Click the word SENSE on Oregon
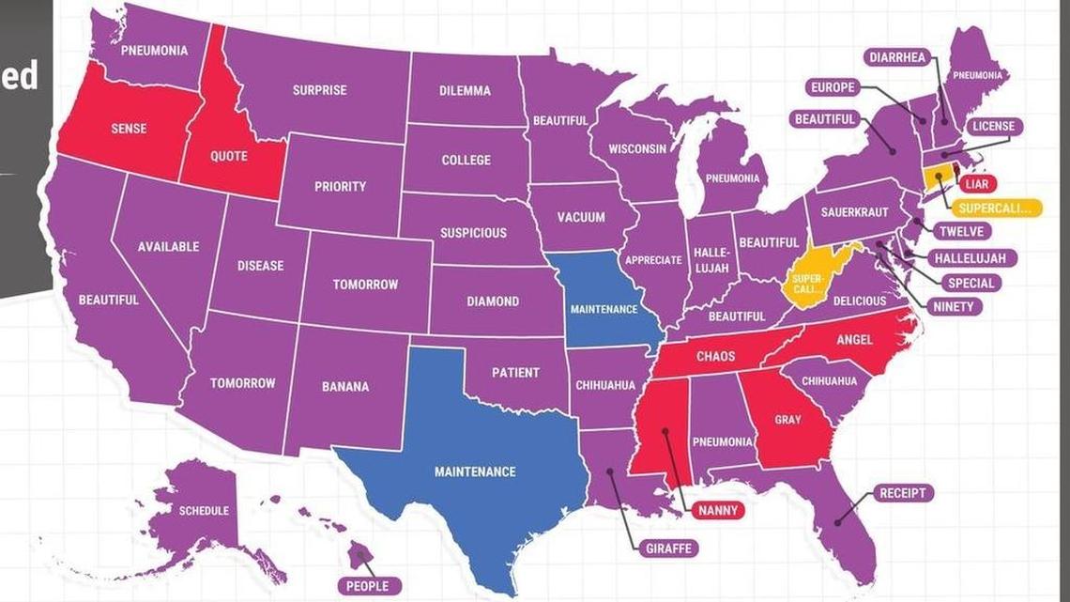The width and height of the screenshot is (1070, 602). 129,128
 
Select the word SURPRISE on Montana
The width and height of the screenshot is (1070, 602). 319,90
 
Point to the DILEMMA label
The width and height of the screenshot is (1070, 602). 465,91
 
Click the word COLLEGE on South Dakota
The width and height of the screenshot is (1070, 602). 466,160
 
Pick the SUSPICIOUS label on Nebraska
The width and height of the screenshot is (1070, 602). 474,233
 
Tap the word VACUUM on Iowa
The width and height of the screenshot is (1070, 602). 581,217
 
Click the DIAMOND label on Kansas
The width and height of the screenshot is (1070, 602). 493,301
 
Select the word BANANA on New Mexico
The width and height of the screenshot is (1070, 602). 345,386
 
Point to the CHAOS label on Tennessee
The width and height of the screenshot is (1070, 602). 715,357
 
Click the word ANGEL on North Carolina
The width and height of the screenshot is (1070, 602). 853,339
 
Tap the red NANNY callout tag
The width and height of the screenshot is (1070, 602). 720,510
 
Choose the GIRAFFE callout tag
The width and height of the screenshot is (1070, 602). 668,548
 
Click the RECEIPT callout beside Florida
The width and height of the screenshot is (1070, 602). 903,492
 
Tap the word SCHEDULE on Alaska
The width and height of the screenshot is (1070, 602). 204,511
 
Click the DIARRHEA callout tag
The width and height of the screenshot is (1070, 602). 896,57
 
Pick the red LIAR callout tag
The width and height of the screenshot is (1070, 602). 979,184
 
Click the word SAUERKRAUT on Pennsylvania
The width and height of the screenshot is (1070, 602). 854,212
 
